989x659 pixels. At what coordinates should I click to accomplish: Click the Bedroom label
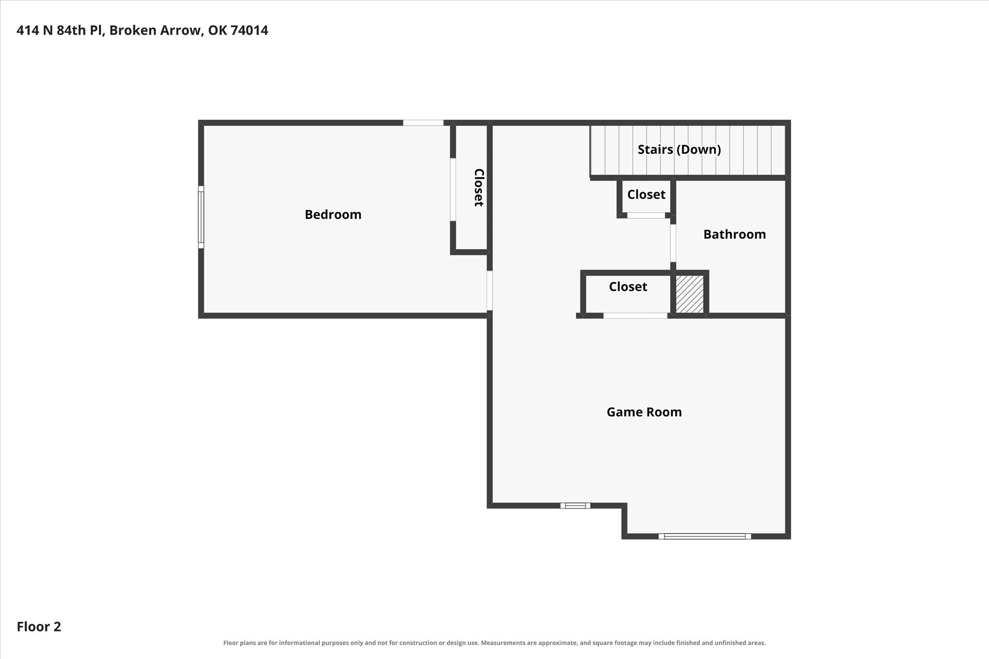click(333, 215)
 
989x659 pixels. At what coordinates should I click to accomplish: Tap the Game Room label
click(644, 412)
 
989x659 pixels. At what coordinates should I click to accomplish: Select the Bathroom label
click(735, 234)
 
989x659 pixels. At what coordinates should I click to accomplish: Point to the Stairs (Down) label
click(679, 149)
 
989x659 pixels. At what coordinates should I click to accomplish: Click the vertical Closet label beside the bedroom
click(479, 187)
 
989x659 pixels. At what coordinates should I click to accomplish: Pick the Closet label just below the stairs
click(646, 195)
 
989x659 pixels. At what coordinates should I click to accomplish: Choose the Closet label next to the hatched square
click(628, 287)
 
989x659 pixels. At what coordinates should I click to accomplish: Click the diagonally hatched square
click(690, 294)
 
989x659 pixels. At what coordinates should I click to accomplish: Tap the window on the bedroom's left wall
click(201, 217)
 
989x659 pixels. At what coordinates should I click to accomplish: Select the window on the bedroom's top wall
click(423, 123)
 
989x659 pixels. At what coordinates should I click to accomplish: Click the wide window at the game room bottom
click(705, 536)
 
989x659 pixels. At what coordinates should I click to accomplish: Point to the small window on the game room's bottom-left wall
click(575, 506)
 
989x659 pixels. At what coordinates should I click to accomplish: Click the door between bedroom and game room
click(490, 291)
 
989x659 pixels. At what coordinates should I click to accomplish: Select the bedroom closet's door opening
click(453, 189)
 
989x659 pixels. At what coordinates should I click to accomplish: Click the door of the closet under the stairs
click(646, 216)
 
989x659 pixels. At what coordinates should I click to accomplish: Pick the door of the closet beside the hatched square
click(636, 316)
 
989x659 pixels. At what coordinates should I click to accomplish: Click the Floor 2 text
click(39, 627)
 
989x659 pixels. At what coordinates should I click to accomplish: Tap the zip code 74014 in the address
click(249, 30)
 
